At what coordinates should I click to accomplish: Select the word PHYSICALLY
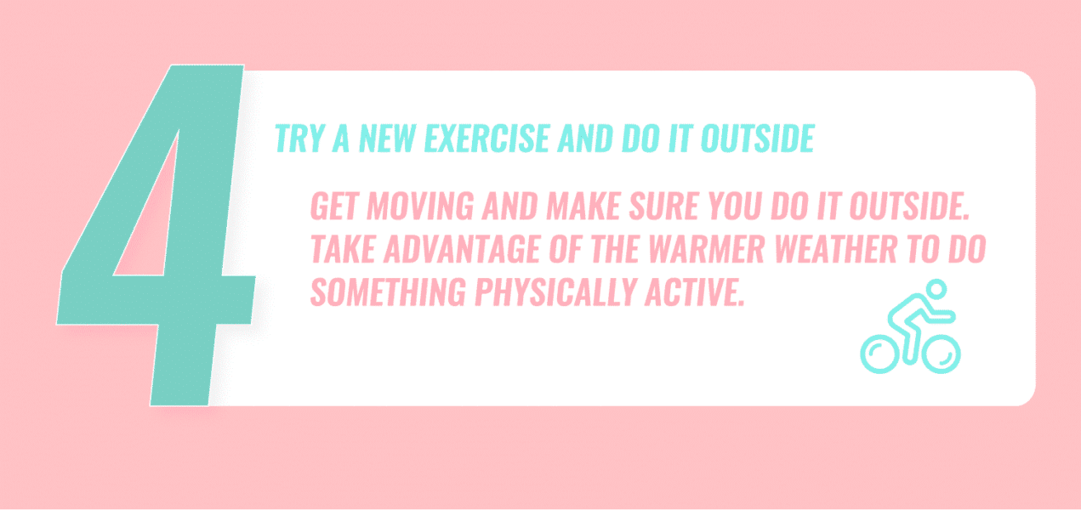coord(552,292)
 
